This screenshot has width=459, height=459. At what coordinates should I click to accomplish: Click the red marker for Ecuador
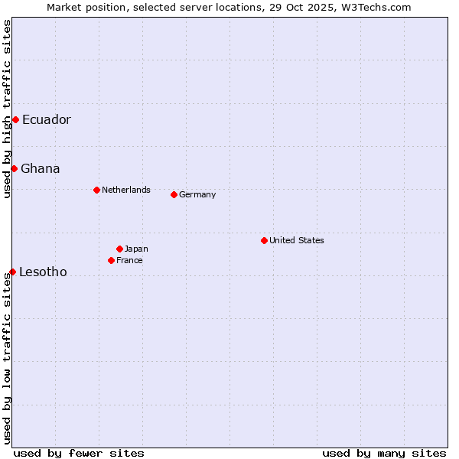point(15,119)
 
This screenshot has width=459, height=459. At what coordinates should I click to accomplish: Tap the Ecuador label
point(46,119)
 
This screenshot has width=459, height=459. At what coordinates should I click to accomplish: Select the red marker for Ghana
point(14,168)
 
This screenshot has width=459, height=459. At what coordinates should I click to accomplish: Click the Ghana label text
point(40,168)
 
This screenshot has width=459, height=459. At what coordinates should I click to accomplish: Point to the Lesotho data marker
point(12,272)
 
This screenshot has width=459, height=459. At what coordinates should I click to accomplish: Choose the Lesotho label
point(43,272)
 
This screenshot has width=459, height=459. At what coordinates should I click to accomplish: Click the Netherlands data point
point(96,190)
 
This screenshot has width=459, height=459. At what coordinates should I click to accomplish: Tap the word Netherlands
point(125,190)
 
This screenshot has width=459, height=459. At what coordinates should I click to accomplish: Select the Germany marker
point(174,194)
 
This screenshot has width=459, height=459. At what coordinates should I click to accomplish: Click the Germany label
point(197,194)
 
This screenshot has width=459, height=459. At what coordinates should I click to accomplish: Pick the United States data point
point(264,240)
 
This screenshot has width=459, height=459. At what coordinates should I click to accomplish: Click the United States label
point(297,240)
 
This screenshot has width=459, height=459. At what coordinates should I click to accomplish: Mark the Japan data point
point(119,249)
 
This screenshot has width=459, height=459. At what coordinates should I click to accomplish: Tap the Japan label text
point(136,249)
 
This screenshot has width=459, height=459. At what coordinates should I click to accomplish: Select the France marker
point(111,260)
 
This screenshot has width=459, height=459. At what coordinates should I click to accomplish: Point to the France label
point(129,260)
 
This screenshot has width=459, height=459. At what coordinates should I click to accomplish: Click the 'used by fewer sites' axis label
point(79,453)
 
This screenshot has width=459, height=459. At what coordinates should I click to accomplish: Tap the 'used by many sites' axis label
point(384,453)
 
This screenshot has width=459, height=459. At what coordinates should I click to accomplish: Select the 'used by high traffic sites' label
point(7,109)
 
